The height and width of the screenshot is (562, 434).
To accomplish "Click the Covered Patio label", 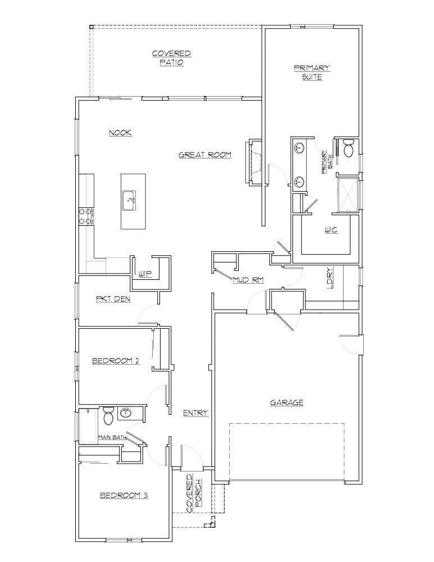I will coord(171,58).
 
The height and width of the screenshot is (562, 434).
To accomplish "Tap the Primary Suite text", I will coord(312,72).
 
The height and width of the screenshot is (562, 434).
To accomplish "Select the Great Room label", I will coord(205,155).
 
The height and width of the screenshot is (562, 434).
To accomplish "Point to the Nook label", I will coord(120,133).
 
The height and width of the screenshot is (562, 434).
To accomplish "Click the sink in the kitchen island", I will coord(130,200).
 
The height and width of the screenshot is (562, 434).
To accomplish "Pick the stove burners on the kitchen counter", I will coord(86,216).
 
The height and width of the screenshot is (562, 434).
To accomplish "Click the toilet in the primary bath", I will coord(348,148).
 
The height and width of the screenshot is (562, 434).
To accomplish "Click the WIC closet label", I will coord(331,230).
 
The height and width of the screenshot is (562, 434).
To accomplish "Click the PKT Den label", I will coord(113,299).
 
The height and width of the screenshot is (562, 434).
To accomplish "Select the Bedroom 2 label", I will coord(115,361).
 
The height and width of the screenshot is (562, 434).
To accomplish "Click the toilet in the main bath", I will coord(109,416).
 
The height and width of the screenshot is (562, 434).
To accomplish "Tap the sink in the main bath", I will coord(126,414).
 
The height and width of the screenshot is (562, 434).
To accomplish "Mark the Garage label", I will coord(286,402).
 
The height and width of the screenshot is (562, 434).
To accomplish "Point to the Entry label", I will coord(195,413).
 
